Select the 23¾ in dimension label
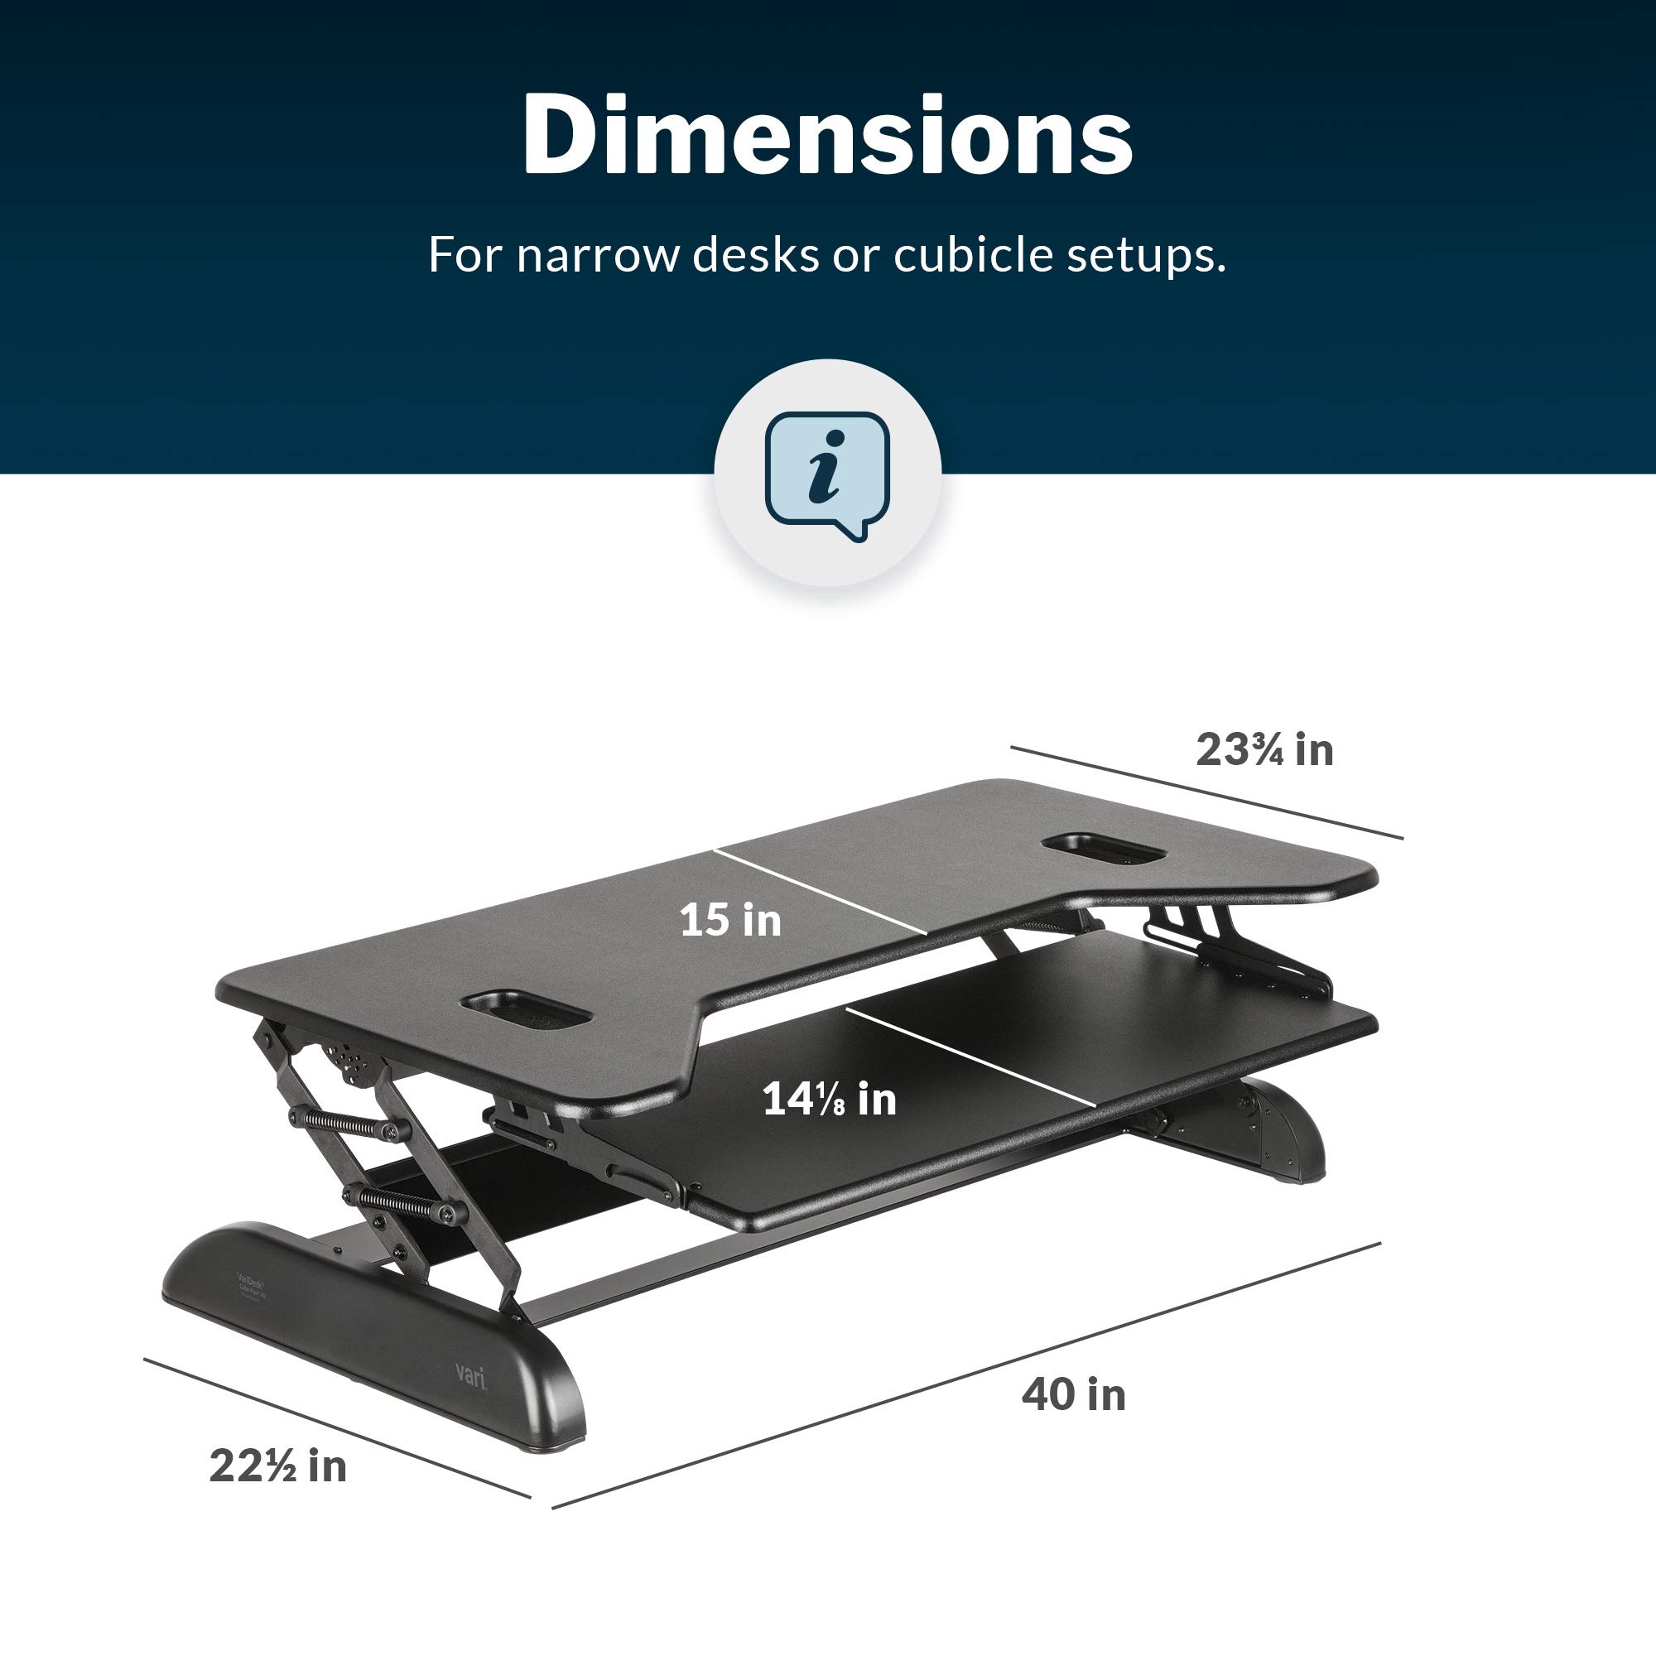(x=1264, y=750)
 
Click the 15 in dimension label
(x=730, y=921)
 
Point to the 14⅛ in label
(x=829, y=1100)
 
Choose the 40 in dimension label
(x=1073, y=1394)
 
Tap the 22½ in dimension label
(x=277, y=1466)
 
